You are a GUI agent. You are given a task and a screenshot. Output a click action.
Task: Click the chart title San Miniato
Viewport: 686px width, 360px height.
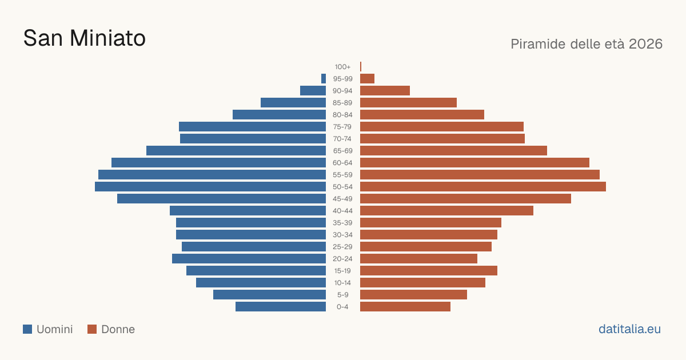click(84, 38)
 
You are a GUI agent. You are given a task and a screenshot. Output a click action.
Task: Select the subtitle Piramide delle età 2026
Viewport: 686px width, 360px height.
click(587, 44)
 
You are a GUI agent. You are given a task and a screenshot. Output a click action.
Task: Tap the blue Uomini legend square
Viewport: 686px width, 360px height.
click(27, 329)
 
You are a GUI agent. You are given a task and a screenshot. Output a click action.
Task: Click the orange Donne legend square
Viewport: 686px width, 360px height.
click(92, 329)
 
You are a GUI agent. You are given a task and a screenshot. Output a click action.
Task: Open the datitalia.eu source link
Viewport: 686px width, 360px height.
click(629, 329)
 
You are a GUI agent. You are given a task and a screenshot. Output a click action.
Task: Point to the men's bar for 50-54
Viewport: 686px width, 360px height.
click(210, 187)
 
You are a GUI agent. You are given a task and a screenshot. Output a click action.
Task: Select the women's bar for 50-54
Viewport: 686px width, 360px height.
click(483, 187)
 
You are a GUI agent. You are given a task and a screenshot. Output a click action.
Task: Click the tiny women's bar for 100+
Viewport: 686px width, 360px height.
click(361, 66)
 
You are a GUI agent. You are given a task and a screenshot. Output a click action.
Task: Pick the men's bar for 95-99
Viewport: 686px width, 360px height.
click(324, 79)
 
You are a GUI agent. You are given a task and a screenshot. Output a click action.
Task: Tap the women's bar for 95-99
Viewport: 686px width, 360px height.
click(367, 79)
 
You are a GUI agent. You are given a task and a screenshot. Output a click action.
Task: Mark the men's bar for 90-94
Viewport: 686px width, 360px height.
click(313, 91)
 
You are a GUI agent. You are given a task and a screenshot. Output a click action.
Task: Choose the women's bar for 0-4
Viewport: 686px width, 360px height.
click(405, 307)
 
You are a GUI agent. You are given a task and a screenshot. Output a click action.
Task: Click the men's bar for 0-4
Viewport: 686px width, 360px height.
click(281, 307)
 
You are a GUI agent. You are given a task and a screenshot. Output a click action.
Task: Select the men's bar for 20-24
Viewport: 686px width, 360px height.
click(249, 259)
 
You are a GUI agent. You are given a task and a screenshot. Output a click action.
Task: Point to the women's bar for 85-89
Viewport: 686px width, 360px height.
click(408, 102)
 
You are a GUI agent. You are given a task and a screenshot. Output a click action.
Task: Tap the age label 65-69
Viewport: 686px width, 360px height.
click(342, 151)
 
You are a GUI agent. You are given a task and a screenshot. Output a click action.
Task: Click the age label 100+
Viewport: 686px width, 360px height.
click(342, 67)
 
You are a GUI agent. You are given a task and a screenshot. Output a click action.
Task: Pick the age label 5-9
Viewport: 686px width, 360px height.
click(342, 295)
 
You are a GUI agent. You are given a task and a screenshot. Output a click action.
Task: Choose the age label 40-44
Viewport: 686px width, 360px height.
click(342, 211)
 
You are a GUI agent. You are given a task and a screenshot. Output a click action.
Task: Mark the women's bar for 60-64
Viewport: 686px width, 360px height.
click(474, 162)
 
